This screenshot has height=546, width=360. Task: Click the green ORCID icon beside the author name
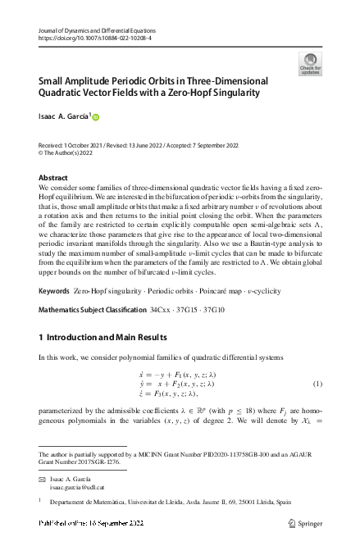(94, 118)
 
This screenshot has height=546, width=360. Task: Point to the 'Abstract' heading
(54, 177)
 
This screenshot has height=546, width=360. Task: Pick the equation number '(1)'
(317, 384)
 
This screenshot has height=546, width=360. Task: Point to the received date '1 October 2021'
(91, 144)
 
